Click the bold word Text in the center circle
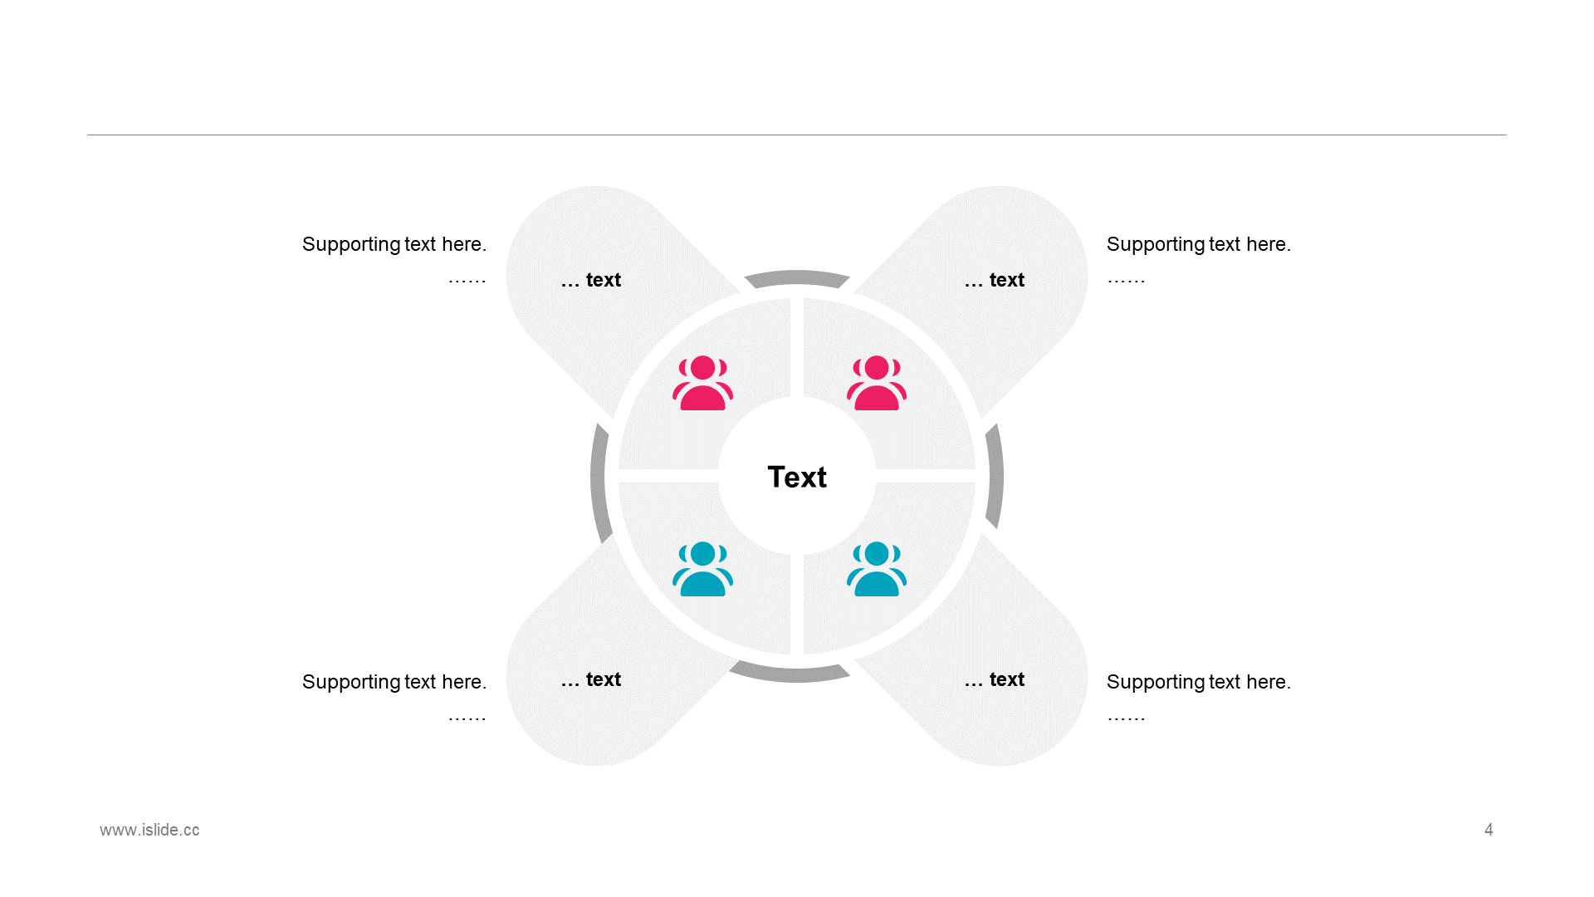pyautogui.click(x=797, y=477)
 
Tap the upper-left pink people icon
pyautogui.click(x=702, y=383)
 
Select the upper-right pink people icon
pyautogui.click(x=877, y=383)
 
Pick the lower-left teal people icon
pyautogui.click(x=702, y=569)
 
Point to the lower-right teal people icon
pyautogui.click(x=877, y=569)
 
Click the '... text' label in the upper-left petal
pyautogui.click(x=591, y=280)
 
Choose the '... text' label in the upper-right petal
pyautogui.click(x=995, y=280)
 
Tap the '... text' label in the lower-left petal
pyautogui.click(x=591, y=679)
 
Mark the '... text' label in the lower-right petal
pyautogui.click(x=995, y=679)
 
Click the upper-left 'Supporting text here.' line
pyautogui.click(x=394, y=244)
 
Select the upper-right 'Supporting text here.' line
pyautogui.click(x=1199, y=244)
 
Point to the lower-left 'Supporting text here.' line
pyautogui.click(x=394, y=682)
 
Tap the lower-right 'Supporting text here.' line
pyautogui.click(x=1199, y=682)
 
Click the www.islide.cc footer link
pyautogui.click(x=149, y=830)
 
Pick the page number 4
pyautogui.click(x=1489, y=830)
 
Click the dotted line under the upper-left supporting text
pyautogui.click(x=467, y=282)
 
